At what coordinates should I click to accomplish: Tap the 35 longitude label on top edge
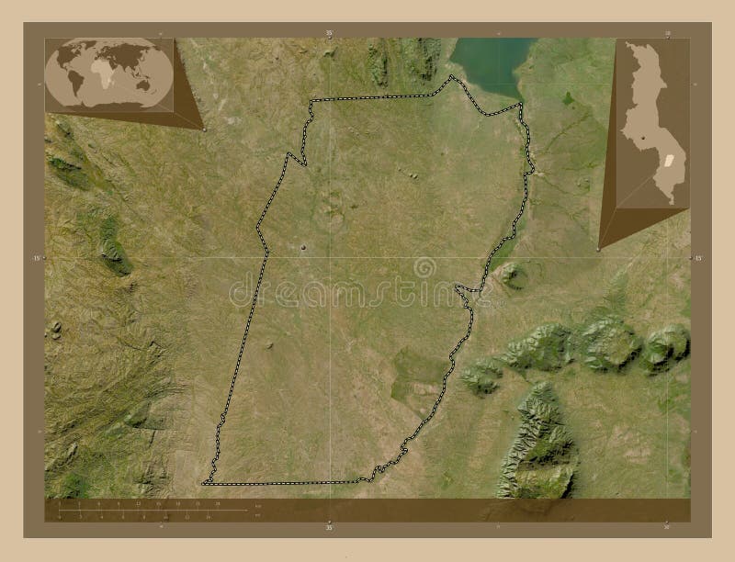tap(328, 32)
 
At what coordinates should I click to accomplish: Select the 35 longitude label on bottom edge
tap(328, 528)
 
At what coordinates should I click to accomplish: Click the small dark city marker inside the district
tap(304, 246)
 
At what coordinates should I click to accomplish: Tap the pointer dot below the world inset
tap(204, 129)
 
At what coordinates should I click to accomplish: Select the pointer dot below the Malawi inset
tap(598, 248)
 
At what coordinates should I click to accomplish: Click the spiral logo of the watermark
tap(424, 267)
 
